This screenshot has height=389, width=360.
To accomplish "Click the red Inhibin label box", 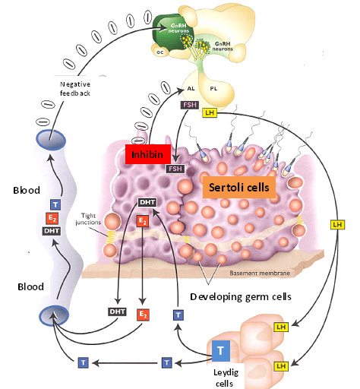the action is coord(148,154).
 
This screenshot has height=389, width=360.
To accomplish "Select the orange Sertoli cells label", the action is coord(239,188).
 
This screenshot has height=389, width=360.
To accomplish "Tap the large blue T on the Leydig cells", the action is coord(221,351).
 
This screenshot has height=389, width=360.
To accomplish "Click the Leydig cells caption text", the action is coord(225,378).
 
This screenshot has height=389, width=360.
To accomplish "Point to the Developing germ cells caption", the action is coord(241,296).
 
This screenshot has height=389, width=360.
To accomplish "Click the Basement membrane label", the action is coord(260,273).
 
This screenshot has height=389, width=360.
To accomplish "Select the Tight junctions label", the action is coord(88,219).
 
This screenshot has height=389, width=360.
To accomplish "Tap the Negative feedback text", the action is coord(75,89).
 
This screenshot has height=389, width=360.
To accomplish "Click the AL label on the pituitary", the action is coord(191,89).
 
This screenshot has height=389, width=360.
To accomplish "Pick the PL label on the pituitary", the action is coord(213,89).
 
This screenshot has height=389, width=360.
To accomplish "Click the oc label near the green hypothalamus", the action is coord(160,52).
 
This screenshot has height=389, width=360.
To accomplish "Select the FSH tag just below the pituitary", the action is coord(190,105).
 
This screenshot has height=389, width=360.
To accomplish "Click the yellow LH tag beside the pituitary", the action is coord(210,112).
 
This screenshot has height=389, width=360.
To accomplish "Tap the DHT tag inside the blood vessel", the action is coord(52,231).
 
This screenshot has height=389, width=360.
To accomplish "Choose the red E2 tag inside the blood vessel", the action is coord(52,218).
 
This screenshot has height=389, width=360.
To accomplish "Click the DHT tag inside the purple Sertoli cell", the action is coord(147,202).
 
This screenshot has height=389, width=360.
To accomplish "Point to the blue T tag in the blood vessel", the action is coord(55,204).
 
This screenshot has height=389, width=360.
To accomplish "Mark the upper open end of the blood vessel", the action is coord(51,140).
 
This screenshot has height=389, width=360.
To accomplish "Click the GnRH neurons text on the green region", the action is coord(178,28).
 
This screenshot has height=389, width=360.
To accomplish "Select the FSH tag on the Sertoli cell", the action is coord(175,169).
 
